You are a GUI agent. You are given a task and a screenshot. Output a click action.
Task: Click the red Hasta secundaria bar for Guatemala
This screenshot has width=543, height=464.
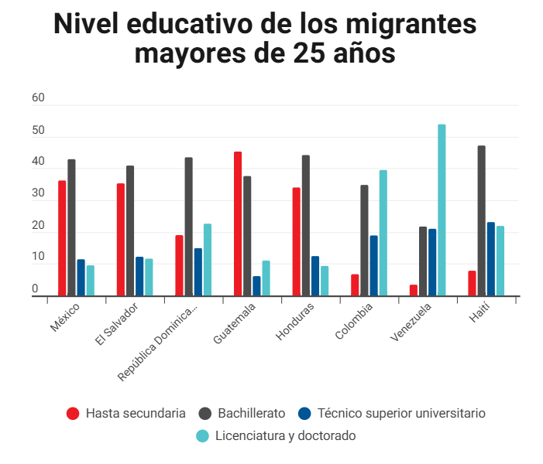pyautogui.click(x=238, y=223)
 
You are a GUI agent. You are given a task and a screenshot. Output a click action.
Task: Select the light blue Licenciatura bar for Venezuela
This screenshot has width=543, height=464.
pyautogui.click(x=442, y=210)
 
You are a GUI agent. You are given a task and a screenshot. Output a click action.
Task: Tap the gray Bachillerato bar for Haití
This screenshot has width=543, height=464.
pyautogui.click(x=481, y=220)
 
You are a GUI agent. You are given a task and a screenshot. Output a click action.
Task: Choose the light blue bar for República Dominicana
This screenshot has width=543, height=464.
pyautogui.click(x=207, y=260)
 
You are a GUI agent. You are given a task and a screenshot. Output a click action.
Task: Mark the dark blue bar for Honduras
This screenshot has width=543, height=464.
pyautogui.click(x=315, y=276)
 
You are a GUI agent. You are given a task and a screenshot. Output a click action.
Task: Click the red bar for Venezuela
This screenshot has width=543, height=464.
pyautogui.click(x=414, y=290)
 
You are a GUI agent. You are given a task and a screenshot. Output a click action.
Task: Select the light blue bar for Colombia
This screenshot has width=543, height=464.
pyautogui.click(x=383, y=233)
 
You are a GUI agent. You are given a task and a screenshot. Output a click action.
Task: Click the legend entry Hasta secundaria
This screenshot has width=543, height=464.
pyautogui.click(x=127, y=413)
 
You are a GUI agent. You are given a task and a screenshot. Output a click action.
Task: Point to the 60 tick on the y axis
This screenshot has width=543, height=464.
pyautogui.click(x=38, y=99)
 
